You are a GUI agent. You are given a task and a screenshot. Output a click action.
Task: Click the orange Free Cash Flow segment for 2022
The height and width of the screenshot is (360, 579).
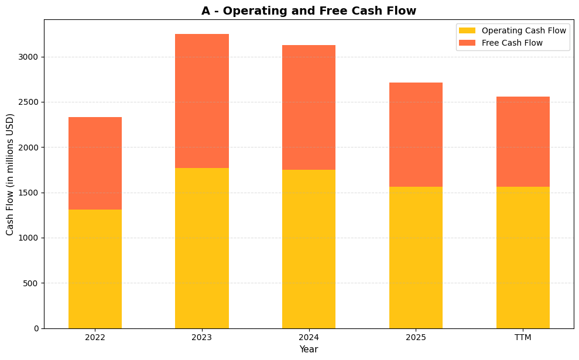pos(95,163)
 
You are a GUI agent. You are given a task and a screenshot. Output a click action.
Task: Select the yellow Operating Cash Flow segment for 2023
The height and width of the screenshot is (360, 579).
pos(202,248)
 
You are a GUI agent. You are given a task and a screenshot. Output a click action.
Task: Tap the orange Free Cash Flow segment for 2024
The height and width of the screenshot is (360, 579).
pos(309,108)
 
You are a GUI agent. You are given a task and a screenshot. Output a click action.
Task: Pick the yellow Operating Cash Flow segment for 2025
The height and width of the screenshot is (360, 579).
pos(416,258)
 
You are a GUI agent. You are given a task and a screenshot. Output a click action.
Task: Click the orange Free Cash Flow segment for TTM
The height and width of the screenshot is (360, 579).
pos(523,142)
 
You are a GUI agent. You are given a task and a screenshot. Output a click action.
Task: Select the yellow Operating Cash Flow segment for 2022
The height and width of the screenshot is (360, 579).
pos(95,269)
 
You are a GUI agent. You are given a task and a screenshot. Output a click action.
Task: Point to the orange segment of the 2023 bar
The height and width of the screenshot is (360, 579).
pos(202,101)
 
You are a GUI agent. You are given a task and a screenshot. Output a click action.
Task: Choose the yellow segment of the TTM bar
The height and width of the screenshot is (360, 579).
pos(523,258)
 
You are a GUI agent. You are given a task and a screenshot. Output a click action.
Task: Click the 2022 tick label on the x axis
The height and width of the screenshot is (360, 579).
pos(95,337)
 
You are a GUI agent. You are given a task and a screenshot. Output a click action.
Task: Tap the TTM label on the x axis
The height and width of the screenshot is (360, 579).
pos(523,337)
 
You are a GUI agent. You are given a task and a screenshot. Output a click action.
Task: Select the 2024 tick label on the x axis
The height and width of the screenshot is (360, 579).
pos(309,337)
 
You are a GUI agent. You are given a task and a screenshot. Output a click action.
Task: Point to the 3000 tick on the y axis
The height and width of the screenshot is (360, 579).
pos(28,57)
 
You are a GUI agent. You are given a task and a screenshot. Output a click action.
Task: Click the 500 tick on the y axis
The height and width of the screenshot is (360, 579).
pos(30,283)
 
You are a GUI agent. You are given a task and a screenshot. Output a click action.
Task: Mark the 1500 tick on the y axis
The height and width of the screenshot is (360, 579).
pos(28,193)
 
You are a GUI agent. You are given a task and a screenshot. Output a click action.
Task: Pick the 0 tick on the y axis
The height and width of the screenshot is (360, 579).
pos(36,328)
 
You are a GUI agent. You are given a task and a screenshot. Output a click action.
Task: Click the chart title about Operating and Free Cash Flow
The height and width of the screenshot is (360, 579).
pos(309,11)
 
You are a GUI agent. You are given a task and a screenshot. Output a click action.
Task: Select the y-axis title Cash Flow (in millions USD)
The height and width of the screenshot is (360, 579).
pos(10,174)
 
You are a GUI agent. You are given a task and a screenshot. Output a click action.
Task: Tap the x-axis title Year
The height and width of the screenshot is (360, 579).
pos(309,349)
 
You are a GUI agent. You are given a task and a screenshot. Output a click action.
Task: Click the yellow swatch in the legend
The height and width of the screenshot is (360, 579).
pos(467,30)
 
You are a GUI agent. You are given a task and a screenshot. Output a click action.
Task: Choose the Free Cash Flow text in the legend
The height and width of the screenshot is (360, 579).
pos(512,43)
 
